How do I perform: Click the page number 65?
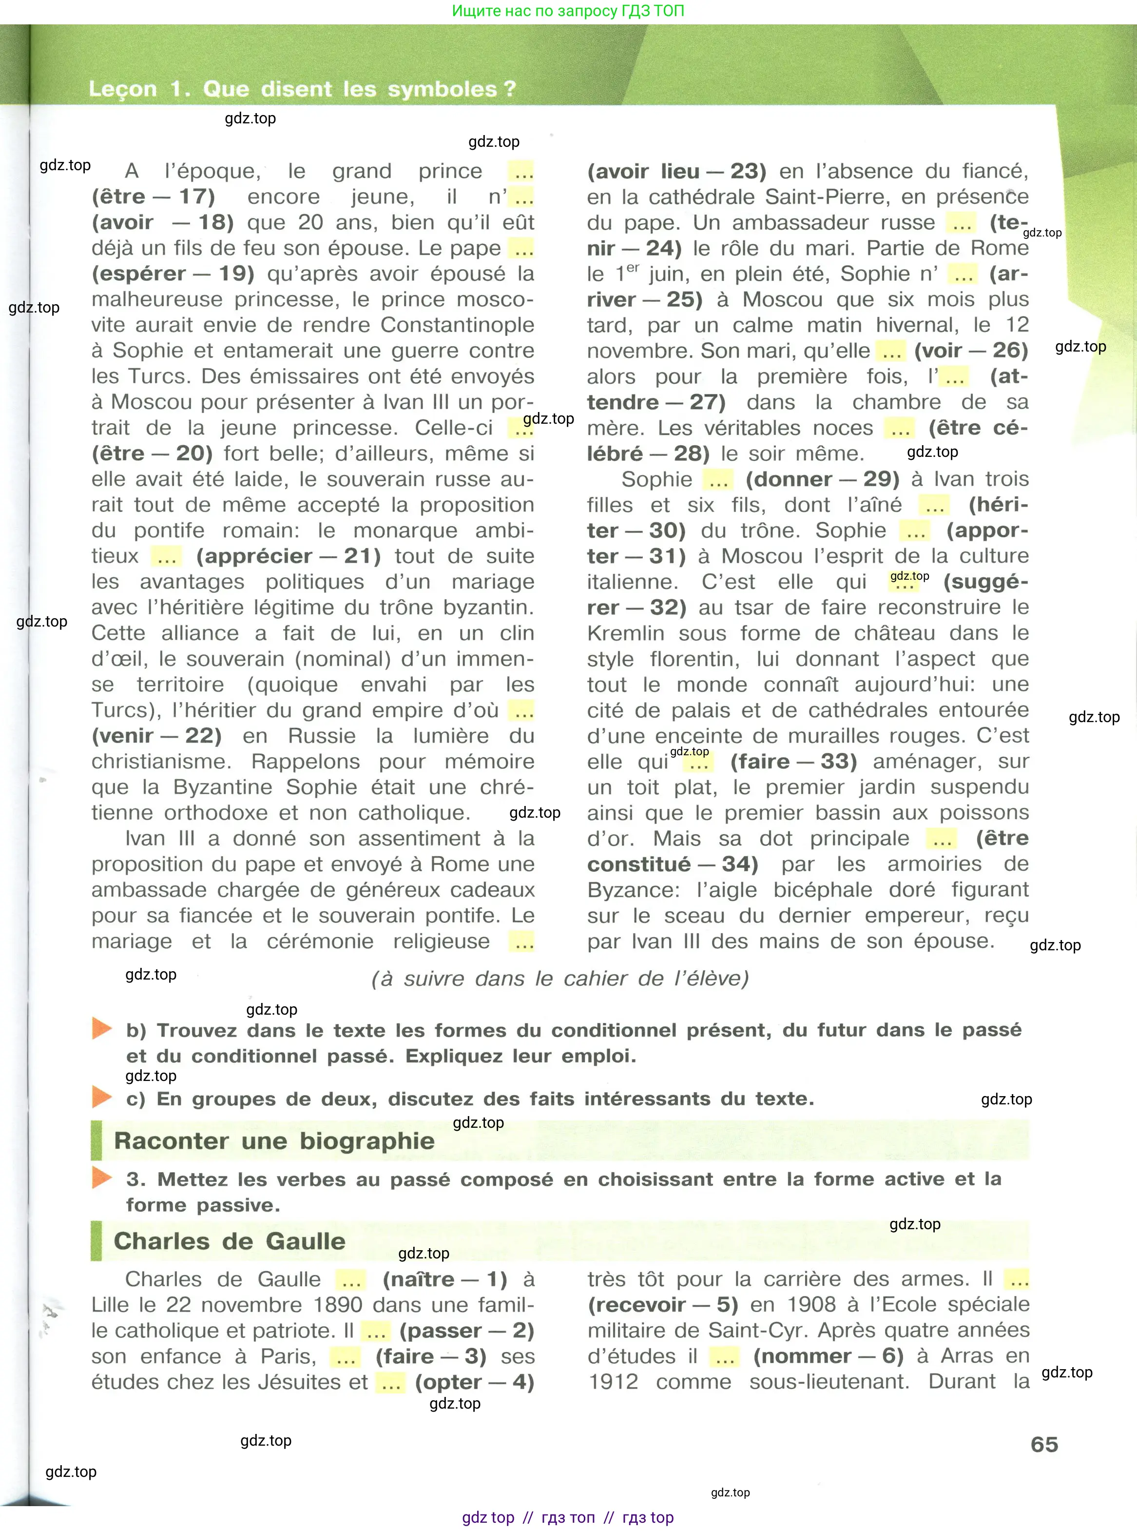(x=1043, y=1444)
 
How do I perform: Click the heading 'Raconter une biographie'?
(x=274, y=1140)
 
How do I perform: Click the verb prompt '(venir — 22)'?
(x=157, y=736)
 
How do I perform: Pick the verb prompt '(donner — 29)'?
(x=823, y=479)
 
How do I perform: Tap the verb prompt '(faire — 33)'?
(x=793, y=762)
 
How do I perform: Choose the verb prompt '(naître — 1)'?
(x=444, y=1279)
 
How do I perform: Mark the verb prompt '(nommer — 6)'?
(x=828, y=1356)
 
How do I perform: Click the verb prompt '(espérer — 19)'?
(x=173, y=274)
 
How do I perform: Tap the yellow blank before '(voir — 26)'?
(x=892, y=352)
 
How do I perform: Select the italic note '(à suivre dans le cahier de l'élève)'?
(x=559, y=978)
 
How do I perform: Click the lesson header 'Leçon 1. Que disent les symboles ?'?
(x=302, y=89)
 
